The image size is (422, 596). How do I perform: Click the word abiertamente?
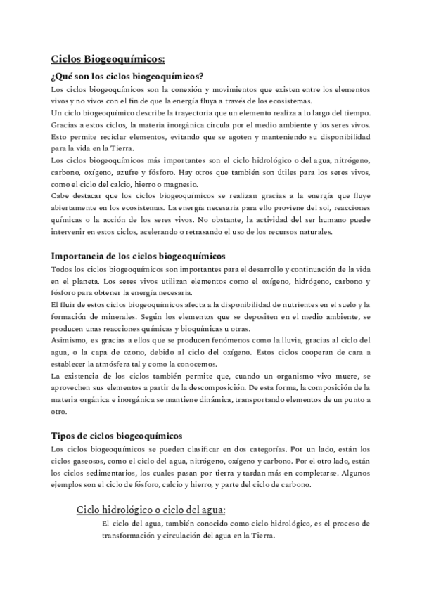(x=77, y=208)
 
